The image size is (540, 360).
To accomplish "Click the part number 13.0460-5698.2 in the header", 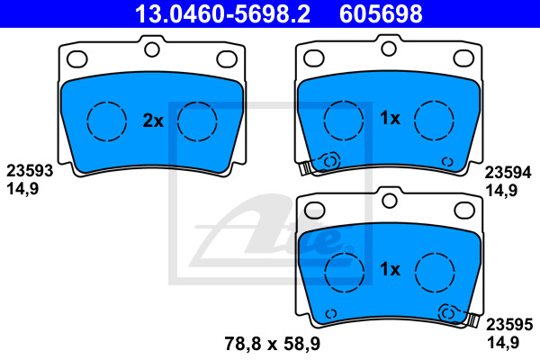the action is click(x=222, y=13).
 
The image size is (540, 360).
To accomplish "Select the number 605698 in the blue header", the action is click(x=381, y=13).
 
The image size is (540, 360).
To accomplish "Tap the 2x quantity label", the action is click(x=153, y=121).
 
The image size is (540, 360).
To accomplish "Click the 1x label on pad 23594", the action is click(x=390, y=118).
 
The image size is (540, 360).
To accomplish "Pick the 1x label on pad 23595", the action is click(x=391, y=269).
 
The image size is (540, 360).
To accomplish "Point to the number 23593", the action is click(x=30, y=171).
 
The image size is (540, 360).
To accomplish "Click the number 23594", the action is click(x=508, y=173).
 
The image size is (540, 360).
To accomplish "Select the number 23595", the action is click(x=509, y=325).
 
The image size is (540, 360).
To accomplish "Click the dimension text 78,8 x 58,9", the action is click(x=273, y=344).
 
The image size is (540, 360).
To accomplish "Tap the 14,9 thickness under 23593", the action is click(x=22, y=189).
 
